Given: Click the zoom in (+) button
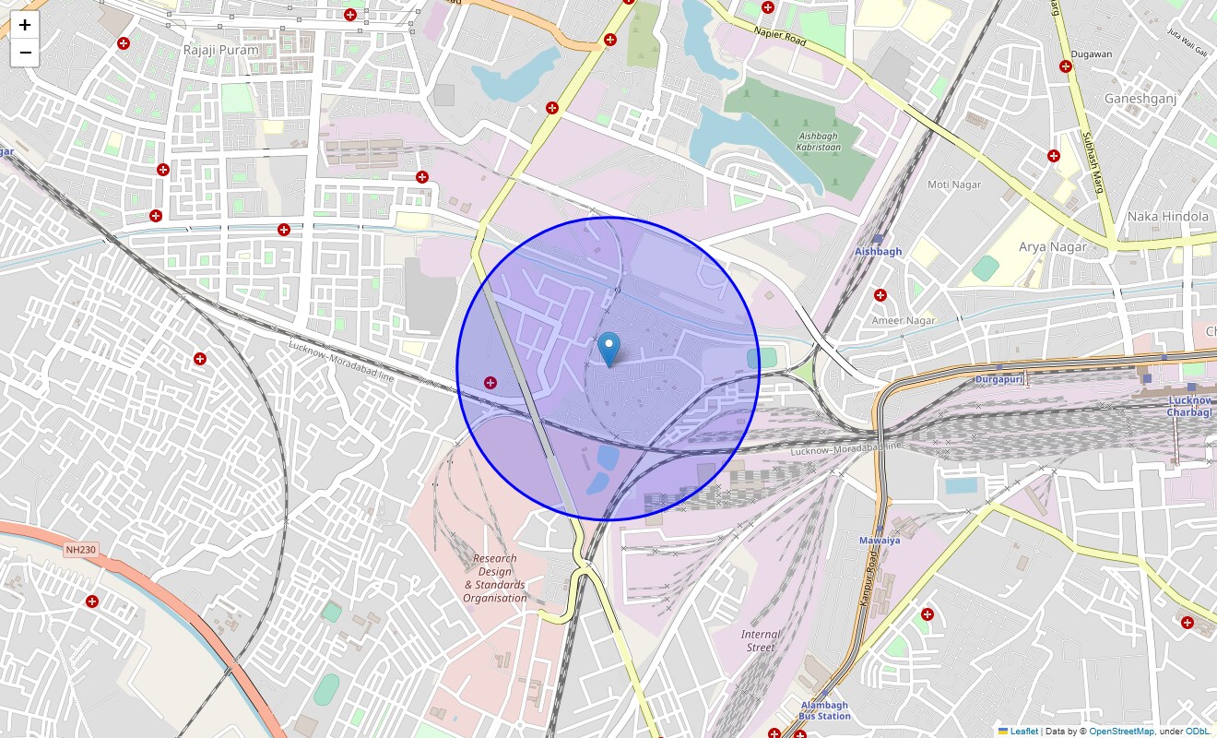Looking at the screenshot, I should (25, 25).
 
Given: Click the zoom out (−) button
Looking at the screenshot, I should (25, 53).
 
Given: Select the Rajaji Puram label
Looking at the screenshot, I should (220, 50).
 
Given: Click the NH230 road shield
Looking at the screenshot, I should (81, 550).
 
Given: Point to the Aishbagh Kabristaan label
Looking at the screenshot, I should (818, 141).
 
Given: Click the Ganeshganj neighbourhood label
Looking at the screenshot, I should (1140, 99).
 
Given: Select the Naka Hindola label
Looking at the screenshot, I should (1167, 217).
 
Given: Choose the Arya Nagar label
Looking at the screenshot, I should (1052, 247).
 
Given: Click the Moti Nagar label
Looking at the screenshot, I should (954, 184).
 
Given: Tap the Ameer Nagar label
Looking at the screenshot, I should (904, 321).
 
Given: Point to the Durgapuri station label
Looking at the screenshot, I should (999, 379).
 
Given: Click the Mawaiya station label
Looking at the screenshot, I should (880, 540).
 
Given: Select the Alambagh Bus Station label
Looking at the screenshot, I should (825, 710).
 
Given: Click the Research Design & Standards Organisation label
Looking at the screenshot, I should (495, 578).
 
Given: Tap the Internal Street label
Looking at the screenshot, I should (760, 640).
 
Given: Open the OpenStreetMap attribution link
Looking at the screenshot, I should (1121, 732).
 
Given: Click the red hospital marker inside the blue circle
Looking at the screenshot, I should (490, 382).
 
